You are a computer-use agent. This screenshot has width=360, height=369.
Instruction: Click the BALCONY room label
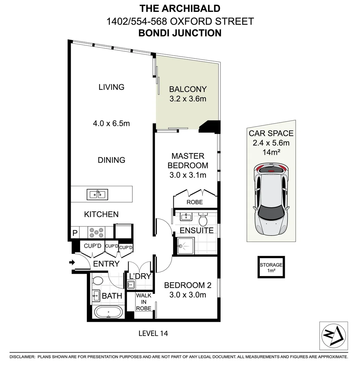click(x=188, y=89)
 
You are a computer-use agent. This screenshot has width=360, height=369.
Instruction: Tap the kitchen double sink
click(x=97, y=195)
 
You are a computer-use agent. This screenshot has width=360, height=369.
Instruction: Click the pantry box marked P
click(x=75, y=233)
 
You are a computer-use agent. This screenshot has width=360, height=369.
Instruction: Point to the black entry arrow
click(x=72, y=262)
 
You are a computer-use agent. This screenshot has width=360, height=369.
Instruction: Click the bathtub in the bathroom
click(x=108, y=312)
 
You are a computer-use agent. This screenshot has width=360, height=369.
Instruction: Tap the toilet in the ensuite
click(x=203, y=219)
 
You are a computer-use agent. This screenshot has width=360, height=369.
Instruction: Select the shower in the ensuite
click(x=186, y=246)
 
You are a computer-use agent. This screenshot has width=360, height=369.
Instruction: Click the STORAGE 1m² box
click(x=271, y=267)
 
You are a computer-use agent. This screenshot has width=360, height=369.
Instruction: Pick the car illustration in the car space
click(x=271, y=199)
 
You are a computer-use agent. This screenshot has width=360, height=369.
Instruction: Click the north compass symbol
click(x=334, y=336)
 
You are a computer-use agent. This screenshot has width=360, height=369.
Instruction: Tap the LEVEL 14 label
click(x=153, y=333)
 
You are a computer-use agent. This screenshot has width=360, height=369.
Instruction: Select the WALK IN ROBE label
click(x=144, y=302)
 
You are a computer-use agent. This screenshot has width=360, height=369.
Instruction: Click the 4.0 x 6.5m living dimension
click(x=111, y=123)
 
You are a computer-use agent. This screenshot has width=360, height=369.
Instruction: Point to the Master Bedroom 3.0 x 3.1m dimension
click(x=188, y=175)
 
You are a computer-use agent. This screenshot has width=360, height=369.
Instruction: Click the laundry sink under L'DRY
click(x=131, y=284)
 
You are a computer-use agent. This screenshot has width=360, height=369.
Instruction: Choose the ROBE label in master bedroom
click(x=195, y=202)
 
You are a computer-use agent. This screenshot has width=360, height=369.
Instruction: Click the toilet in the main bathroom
click(x=98, y=281)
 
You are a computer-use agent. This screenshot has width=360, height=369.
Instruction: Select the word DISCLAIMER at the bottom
click(x=22, y=357)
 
